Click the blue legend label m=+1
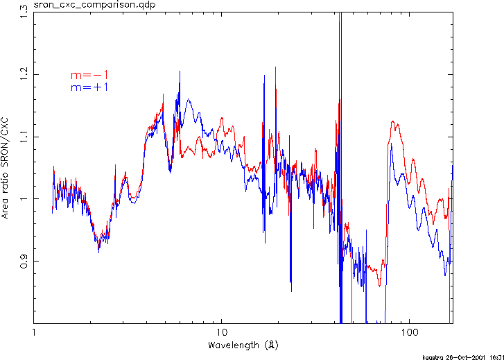pyautogui.click(x=89, y=87)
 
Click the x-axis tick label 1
pyautogui.click(x=34, y=334)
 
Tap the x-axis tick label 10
pyautogui.click(x=222, y=334)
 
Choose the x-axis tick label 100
pyautogui.click(x=410, y=334)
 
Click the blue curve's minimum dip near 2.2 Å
pyautogui.click(x=98, y=251)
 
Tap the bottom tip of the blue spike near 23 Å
pyautogui.click(x=290, y=291)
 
